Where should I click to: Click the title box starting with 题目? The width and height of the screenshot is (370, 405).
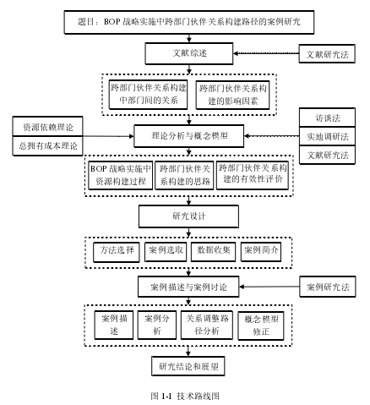point(189,22)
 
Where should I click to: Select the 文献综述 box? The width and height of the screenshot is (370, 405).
point(189,53)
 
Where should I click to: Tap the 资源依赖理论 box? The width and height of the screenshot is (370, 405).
point(47,127)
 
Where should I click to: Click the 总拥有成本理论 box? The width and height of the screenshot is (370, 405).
point(47,146)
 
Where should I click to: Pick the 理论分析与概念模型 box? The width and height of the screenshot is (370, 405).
point(189,136)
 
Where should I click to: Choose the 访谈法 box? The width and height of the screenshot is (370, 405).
point(327,118)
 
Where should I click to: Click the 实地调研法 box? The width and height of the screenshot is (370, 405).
point(327,136)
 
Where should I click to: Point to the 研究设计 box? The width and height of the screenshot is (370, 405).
point(188,216)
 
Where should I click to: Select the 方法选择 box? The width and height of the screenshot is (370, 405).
point(117,252)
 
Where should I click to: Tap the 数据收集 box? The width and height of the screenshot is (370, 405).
point(213,252)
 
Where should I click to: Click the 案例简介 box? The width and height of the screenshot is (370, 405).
point(261,252)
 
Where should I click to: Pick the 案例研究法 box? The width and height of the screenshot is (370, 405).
point(328,287)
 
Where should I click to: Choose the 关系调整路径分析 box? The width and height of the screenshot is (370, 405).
point(207,325)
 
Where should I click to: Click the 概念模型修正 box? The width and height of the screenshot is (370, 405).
point(261,326)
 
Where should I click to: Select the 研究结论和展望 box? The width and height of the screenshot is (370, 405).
point(188,366)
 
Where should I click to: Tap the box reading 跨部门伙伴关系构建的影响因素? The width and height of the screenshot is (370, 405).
point(232,96)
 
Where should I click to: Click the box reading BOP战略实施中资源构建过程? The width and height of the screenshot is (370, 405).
point(121,175)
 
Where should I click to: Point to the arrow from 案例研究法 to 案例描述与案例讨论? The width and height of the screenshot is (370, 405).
point(269,287)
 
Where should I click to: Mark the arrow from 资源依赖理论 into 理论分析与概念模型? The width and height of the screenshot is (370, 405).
point(108,136)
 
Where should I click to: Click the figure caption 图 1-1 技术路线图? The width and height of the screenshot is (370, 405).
point(185,396)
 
